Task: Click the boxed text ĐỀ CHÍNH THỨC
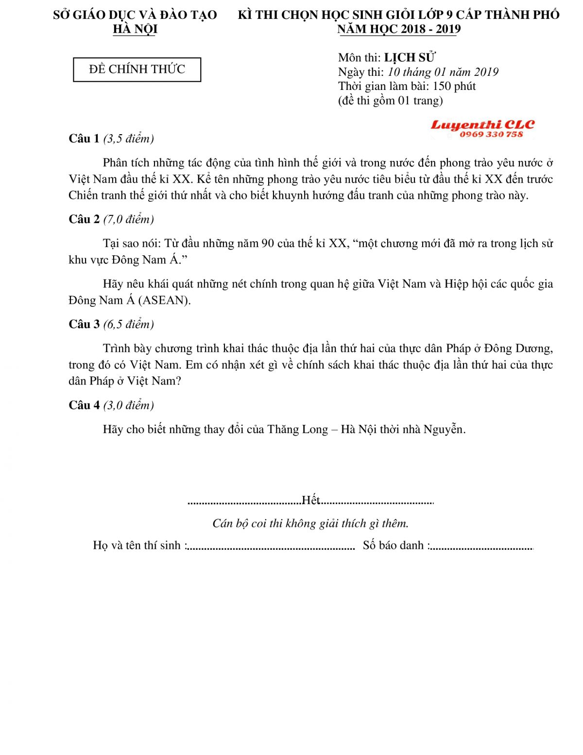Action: pos(137,70)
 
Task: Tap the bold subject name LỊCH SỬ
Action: pos(409,57)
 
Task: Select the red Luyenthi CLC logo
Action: pos(482,125)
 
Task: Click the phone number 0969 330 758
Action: pos(491,135)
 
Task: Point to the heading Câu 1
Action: pos(84,139)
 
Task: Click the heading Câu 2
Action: pos(84,219)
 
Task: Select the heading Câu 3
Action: pos(84,324)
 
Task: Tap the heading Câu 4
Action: pos(84,405)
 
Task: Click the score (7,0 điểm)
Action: pos(129,219)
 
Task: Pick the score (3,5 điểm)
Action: pos(129,139)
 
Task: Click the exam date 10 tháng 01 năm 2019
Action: pos(443,72)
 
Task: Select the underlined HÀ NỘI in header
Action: pos(135,29)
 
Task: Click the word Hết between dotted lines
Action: pos(311,500)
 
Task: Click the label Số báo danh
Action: pos(394,545)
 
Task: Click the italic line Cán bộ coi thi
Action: pos(310,523)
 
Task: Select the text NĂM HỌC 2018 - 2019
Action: pos(399,29)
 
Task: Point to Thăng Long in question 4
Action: pos(297,429)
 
